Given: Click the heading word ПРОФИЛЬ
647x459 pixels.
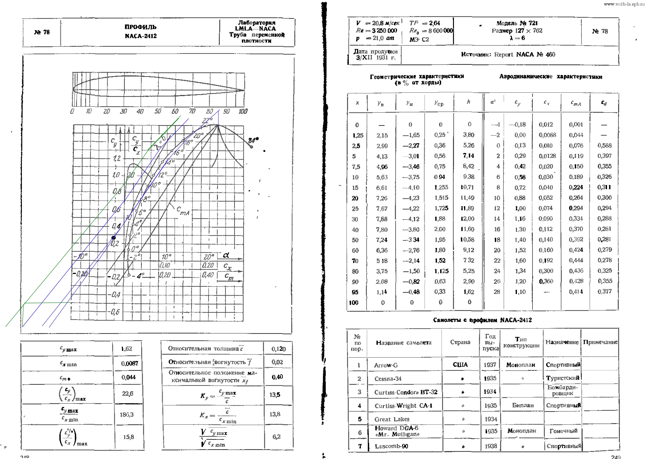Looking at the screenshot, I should [141, 27].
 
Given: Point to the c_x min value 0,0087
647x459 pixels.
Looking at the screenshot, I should [130, 363].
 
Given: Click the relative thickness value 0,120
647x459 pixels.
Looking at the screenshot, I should [279, 349].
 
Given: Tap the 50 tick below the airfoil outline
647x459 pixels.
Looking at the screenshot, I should [158, 111].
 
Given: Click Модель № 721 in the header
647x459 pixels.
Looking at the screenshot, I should [517, 23].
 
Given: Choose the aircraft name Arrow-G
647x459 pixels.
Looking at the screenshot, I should [386, 365].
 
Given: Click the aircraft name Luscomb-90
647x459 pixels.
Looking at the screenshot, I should [391, 446].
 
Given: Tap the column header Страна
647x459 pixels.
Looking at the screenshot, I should [460, 342].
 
